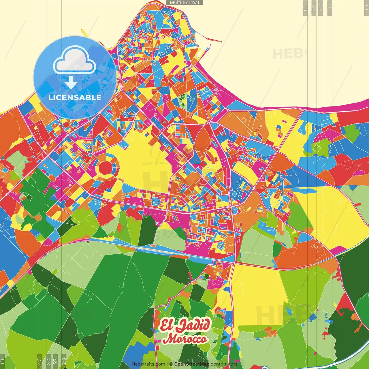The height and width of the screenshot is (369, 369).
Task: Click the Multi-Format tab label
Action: point(184,3)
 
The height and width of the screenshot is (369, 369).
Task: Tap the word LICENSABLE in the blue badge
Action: point(75,97)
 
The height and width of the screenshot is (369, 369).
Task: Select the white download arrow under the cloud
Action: point(71,83)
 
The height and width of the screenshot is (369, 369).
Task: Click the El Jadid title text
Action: point(184,325)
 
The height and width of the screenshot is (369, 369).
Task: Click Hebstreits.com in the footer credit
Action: point(148,364)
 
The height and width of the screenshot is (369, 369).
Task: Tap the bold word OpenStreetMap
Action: point(191,364)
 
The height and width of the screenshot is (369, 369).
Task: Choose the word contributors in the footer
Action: point(224,364)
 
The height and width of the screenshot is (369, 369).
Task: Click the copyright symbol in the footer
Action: point(171,364)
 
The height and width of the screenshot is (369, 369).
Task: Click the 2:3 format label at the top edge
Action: point(305,7)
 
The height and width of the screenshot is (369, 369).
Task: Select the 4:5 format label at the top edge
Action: point(330,7)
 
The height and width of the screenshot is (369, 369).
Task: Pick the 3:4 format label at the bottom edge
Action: point(48,361)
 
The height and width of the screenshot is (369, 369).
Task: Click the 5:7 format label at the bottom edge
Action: point(55,361)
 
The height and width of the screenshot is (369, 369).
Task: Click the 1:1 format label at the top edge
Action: point(366,7)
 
